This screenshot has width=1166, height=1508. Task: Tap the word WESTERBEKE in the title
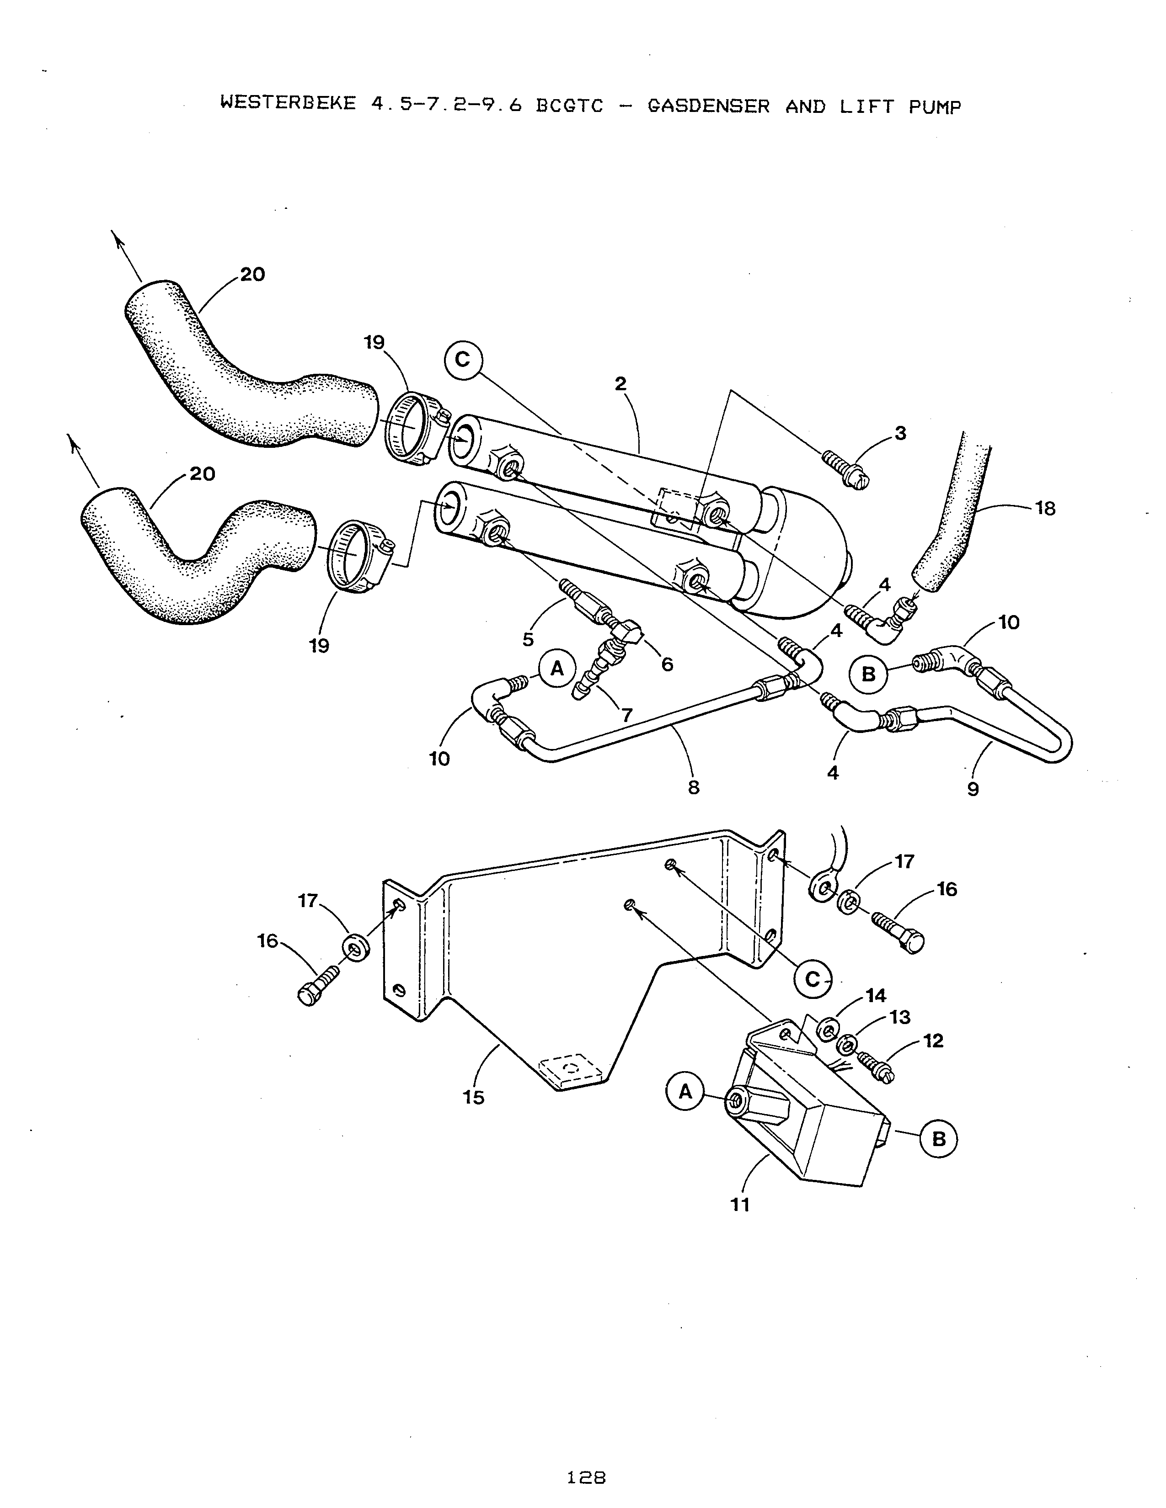click(287, 104)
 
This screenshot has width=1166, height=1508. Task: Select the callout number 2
click(620, 384)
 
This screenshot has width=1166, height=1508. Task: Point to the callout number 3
click(900, 434)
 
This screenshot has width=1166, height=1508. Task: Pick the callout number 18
click(1045, 509)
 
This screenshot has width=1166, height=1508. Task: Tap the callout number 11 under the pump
click(740, 1205)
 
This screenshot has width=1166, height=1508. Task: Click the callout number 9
click(973, 789)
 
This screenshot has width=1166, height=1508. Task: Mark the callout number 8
click(694, 788)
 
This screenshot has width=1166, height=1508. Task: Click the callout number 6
click(667, 664)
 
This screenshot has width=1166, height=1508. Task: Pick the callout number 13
click(900, 1017)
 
